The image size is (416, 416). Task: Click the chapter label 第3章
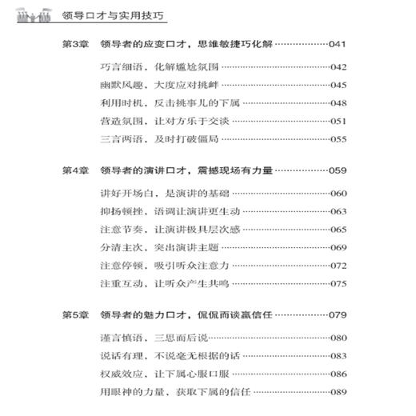coord(76,43)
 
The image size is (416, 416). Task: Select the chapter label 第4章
coord(76,170)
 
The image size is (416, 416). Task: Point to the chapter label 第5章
coord(76,314)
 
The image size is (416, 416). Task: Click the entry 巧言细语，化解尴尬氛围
coord(153,66)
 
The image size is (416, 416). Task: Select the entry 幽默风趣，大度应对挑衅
coord(153,85)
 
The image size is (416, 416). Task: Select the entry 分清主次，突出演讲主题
coord(153,248)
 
